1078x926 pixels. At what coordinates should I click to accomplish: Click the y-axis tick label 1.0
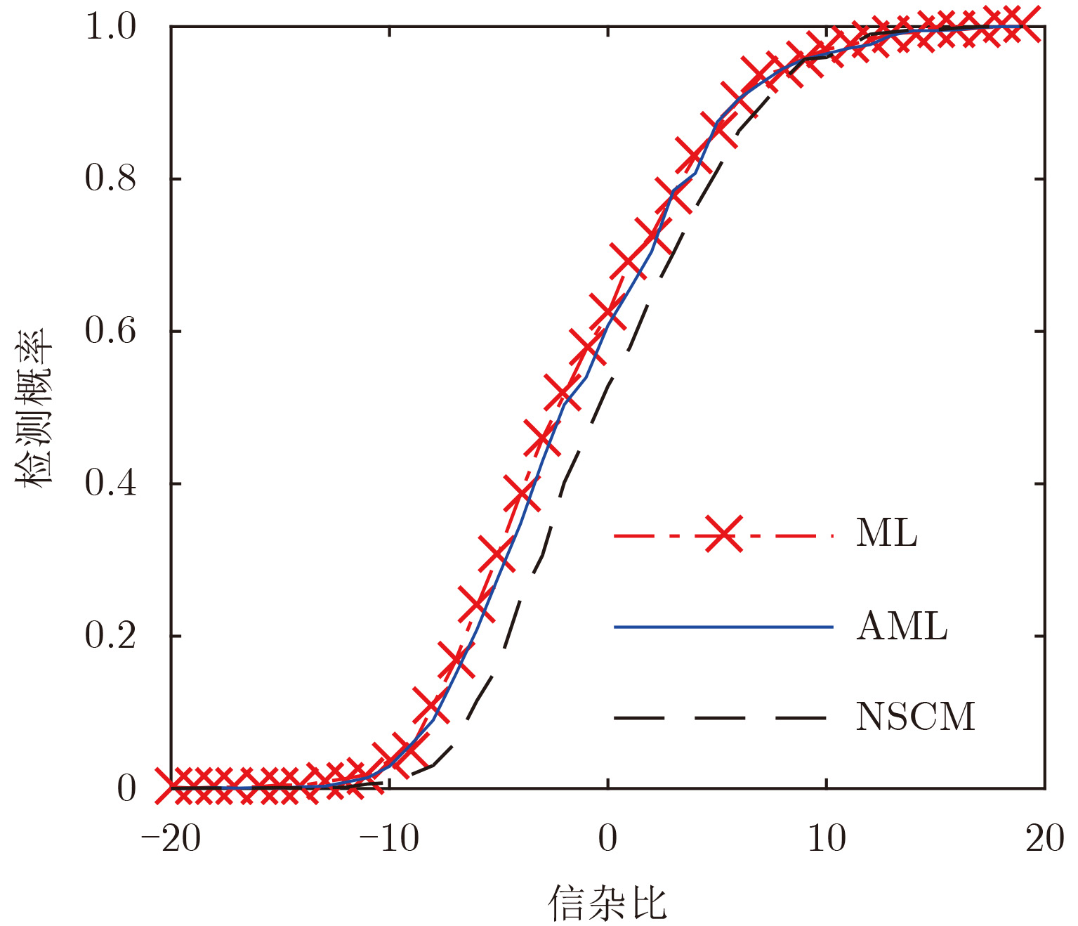click(110, 27)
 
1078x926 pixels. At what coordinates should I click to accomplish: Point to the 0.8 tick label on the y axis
click(110, 178)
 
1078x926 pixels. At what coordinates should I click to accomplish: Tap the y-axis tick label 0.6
click(110, 331)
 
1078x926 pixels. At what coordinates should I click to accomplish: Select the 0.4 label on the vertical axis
click(110, 483)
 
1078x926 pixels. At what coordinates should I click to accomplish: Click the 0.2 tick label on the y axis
click(110, 636)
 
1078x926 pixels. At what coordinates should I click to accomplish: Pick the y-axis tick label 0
click(126, 788)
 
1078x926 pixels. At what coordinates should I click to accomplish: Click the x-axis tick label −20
click(171, 838)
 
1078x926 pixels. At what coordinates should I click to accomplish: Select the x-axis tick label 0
click(608, 838)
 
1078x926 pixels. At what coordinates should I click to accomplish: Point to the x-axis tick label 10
click(827, 838)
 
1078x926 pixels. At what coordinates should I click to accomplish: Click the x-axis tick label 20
click(1045, 838)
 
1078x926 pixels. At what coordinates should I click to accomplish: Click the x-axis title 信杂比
click(607, 902)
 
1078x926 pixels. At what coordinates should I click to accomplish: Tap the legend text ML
click(887, 534)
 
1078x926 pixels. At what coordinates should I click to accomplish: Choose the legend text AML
click(902, 626)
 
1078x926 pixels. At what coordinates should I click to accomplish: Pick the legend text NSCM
click(916, 717)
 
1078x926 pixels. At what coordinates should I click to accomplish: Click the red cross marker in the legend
click(723, 536)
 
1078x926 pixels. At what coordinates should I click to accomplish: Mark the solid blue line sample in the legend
click(723, 627)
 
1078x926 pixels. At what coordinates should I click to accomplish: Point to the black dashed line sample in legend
click(723, 718)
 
